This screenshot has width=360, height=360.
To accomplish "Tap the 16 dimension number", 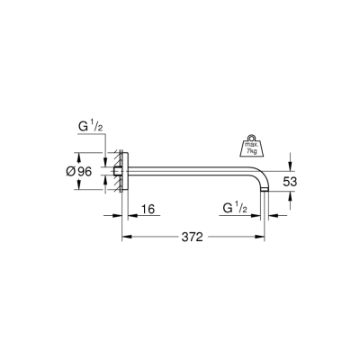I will tap(148, 210).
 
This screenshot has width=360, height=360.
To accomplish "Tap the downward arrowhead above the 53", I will tap(289, 166).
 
